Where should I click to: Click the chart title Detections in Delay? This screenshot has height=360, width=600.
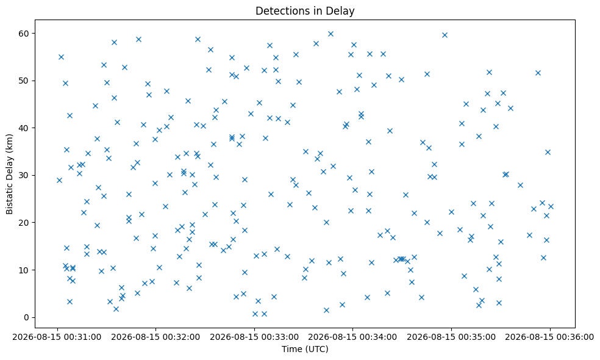[305, 11]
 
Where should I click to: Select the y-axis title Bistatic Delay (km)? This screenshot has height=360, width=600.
[9, 174]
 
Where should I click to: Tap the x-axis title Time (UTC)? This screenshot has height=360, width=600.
[305, 349]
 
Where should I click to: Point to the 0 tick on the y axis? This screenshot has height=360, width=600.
[27, 317]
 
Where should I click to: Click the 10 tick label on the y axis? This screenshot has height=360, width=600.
[24, 270]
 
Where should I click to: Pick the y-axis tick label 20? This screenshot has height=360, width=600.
[24, 223]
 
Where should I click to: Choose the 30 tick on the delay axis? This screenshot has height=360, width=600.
[24, 175]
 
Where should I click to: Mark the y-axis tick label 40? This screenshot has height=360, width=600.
[24, 128]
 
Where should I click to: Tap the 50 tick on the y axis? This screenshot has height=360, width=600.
[24, 81]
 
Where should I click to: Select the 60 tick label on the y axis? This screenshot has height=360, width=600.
[24, 34]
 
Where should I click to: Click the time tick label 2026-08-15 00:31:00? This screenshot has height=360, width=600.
[57, 337]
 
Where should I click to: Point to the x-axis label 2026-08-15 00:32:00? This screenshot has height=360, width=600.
[155, 337]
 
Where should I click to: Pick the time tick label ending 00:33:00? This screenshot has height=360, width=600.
[254, 337]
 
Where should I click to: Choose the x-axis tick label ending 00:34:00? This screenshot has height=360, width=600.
[353, 337]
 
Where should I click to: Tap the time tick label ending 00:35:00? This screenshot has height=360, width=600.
[452, 337]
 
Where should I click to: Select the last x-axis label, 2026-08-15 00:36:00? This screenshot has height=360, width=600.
[550, 337]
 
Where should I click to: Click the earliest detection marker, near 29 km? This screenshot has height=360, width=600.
[59, 180]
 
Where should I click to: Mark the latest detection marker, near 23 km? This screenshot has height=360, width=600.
[551, 206]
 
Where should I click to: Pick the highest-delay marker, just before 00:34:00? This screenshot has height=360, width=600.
[330, 34]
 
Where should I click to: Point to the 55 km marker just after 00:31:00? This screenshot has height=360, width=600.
[61, 57]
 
